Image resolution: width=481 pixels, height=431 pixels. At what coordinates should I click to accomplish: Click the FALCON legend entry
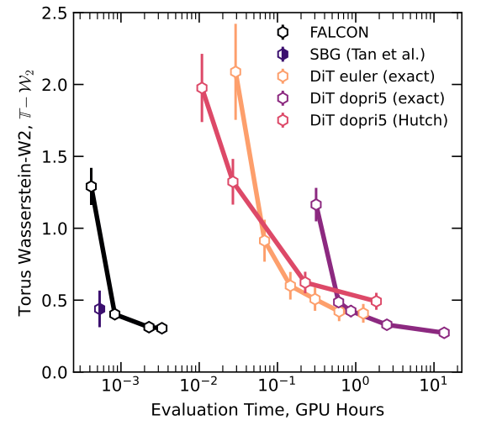point(336,33)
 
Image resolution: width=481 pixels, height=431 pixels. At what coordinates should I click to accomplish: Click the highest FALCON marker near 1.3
point(92,187)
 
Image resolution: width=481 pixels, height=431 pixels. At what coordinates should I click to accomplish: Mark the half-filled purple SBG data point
point(99,309)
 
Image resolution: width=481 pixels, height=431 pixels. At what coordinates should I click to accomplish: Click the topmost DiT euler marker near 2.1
point(235,72)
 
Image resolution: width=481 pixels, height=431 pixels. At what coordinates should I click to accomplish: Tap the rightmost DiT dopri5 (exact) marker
point(444,333)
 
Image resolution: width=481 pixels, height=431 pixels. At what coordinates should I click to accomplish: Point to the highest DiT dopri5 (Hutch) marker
point(202,88)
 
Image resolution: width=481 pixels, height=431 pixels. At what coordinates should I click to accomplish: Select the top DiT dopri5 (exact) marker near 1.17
point(316,204)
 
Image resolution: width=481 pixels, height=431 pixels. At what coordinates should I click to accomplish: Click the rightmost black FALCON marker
point(161,328)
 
